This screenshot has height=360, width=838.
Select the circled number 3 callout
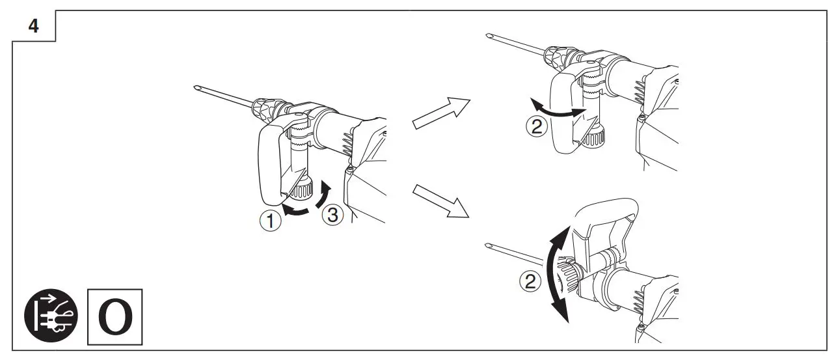332,215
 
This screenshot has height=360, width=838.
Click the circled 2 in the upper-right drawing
535,127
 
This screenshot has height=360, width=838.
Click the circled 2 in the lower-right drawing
532,281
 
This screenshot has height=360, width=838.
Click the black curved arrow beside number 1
301,208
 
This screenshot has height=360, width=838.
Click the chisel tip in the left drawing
198,88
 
